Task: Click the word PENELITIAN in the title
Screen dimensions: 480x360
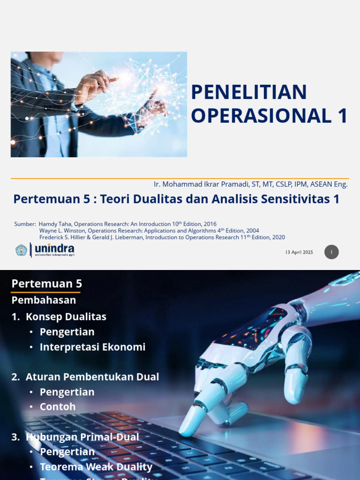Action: tap(249, 92)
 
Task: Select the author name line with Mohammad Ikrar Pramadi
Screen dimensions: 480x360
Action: tap(251, 184)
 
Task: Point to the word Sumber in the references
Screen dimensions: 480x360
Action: tap(25, 224)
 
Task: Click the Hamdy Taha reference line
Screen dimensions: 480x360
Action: tap(127, 224)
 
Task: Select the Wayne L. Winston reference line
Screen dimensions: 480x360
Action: tap(149, 231)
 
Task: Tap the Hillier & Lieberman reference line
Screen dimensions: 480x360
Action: tap(162, 237)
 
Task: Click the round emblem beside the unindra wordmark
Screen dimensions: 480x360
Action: tap(21, 250)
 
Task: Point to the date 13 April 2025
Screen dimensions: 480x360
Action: tap(299, 252)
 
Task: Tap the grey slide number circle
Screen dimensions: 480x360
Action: tap(331, 252)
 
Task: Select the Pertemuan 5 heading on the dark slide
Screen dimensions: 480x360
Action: tap(46, 284)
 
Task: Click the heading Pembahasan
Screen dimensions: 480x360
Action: tap(44, 300)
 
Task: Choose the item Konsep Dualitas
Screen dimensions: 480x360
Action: tap(66, 317)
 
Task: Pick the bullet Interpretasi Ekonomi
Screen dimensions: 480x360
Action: tap(92, 347)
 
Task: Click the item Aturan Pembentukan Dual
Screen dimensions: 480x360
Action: tap(92, 377)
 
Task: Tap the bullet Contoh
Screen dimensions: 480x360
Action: tap(58, 407)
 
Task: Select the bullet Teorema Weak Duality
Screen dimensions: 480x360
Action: tap(96, 467)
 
